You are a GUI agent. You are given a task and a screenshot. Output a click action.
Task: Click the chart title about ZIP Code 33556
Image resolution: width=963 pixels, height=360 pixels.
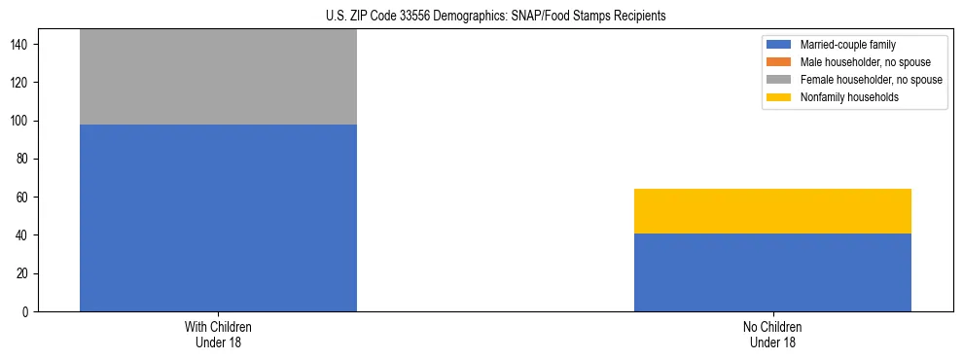click(x=481, y=17)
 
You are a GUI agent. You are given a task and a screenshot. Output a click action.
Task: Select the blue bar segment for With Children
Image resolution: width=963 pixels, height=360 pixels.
click(x=218, y=218)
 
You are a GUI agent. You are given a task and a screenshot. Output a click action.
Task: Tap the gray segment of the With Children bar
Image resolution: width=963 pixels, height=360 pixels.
click(x=218, y=77)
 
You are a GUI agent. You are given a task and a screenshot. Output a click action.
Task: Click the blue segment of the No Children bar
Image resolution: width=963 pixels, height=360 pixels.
click(x=772, y=272)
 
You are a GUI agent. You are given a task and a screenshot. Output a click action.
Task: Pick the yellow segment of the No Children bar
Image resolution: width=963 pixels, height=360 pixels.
click(x=772, y=211)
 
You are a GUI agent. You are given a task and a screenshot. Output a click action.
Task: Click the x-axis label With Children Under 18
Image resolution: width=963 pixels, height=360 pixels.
click(x=218, y=334)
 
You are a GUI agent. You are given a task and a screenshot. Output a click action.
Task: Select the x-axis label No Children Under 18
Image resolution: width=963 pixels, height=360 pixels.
click(x=772, y=334)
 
